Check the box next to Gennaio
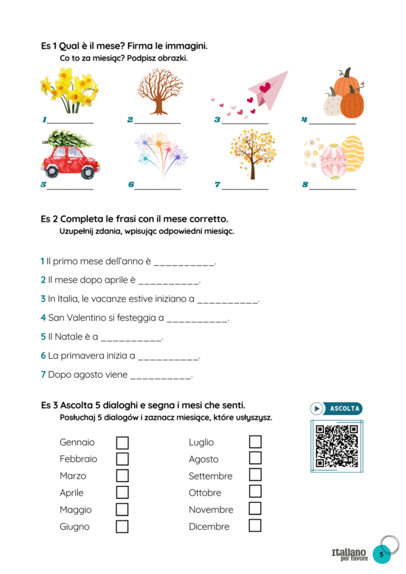122,443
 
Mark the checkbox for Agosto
255,458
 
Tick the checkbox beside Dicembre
255,525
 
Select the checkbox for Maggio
122,509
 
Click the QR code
336,445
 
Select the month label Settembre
210,476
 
